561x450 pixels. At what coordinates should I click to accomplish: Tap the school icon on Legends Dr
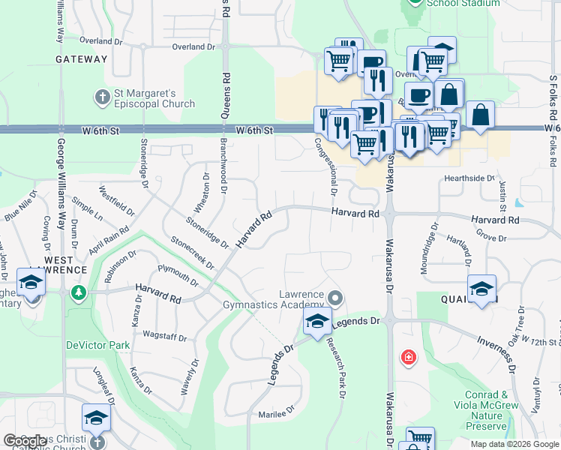pos(317,322)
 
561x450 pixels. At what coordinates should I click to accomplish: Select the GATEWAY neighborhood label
pos(82,59)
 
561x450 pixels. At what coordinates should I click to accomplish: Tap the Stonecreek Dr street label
pos(193,253)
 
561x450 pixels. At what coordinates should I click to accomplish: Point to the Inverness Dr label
pos(496,353)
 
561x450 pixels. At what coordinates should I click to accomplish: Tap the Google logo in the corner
pos(25,441)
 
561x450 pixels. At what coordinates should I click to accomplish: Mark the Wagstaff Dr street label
pos(164,335)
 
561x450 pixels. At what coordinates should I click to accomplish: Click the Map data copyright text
pos(514,444)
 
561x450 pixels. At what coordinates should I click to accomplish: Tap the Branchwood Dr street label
pos(223,165)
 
